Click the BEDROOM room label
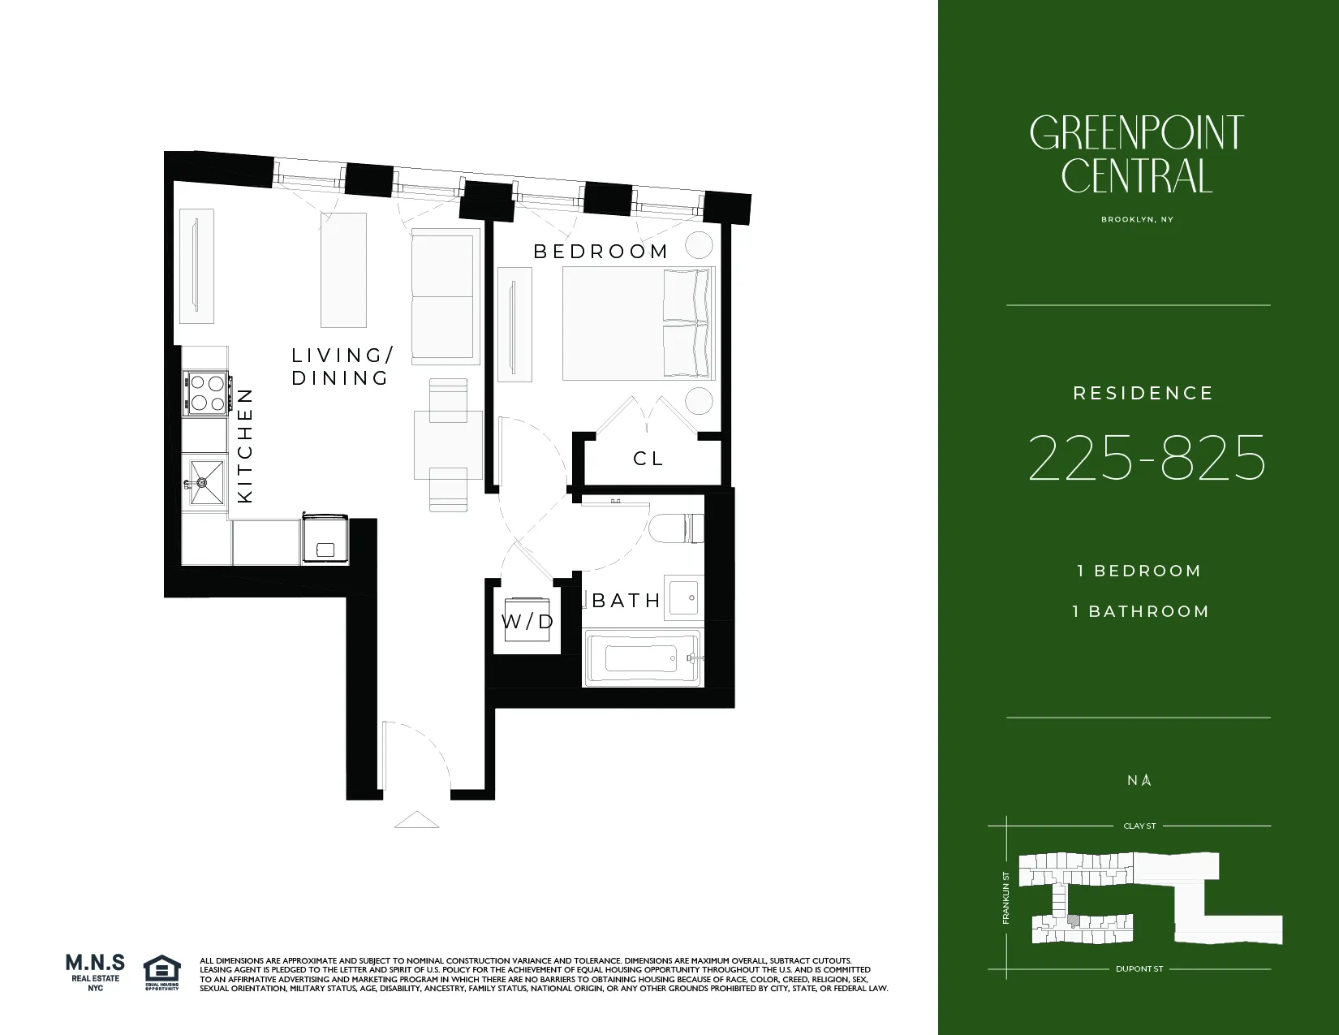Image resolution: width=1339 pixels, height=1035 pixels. pos(601,252)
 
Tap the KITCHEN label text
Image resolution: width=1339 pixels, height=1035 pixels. pos(245,445)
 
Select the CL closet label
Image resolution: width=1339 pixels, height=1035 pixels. pos(648,459)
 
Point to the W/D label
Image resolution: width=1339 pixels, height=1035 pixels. pos(527,622)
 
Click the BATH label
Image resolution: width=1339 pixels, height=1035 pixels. pos(626,601)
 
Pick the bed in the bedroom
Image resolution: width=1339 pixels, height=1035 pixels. pos(639,324)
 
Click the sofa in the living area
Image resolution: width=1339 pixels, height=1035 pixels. pos(443,296)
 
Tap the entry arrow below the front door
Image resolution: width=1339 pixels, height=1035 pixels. pos(416,820)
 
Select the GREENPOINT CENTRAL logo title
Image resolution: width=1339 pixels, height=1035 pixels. pos(1137,155)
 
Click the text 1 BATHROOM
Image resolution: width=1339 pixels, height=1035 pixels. pos(1140,611)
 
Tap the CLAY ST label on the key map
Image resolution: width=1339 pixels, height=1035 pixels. pos(1139,826)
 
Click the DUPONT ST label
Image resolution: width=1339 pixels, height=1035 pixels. pos(1139,968)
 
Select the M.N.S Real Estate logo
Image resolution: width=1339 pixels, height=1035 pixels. pos(95,972)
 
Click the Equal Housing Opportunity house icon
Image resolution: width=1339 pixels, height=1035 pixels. pos(161,971)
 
